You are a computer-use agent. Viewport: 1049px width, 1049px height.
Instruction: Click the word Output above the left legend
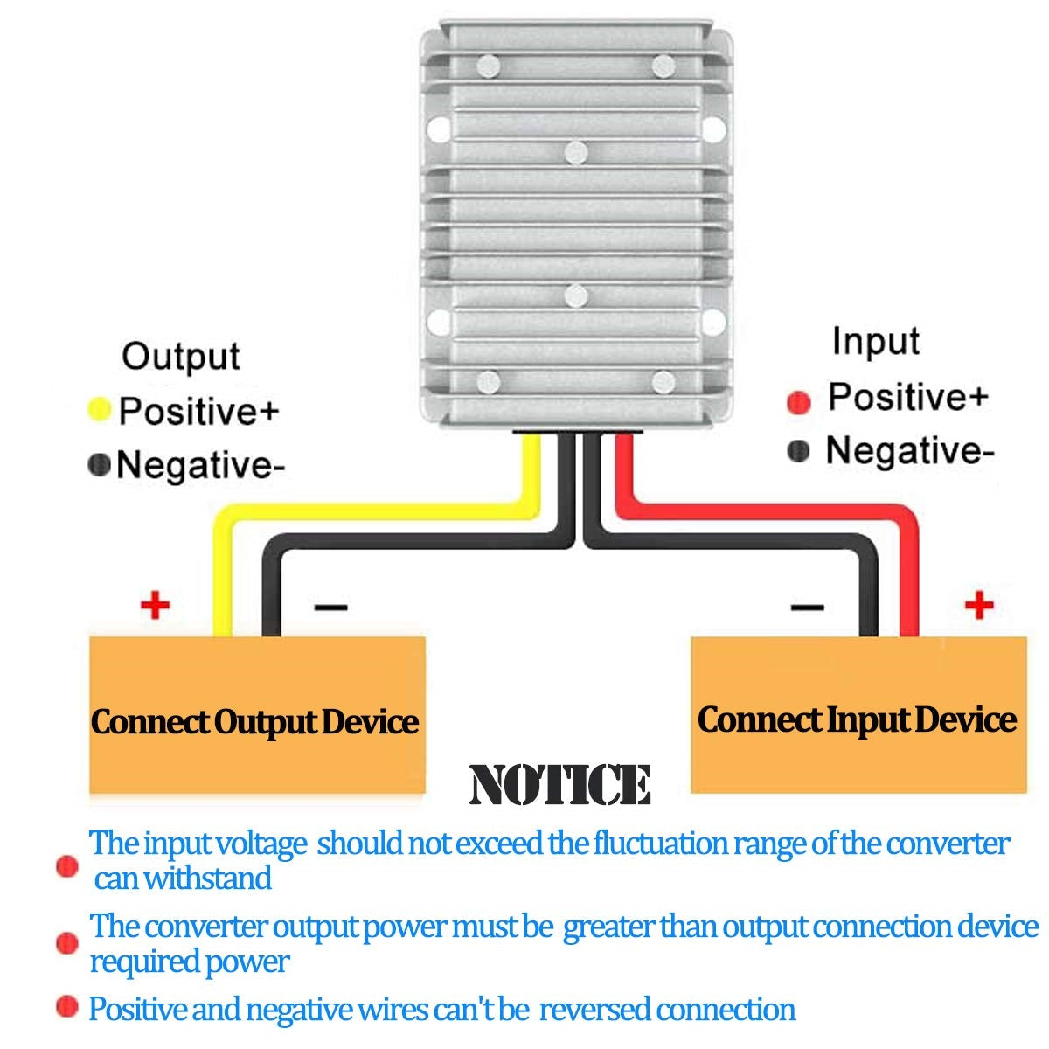coord(180,357)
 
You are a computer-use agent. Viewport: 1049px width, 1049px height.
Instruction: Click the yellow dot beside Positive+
coord(100,409)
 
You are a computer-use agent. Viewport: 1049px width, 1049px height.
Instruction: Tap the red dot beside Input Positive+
coord(798,402)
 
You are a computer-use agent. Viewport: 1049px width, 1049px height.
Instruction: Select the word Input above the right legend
coord(875,341)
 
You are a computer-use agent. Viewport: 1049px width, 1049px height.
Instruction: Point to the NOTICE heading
coord(559,784)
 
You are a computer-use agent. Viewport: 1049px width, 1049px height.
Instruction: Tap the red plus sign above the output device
coord(155,604)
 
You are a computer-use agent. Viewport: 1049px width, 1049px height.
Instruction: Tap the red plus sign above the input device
coord(979,604)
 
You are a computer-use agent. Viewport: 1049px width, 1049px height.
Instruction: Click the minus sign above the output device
coord(330,607)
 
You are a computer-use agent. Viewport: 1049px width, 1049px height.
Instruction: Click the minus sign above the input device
coord(806,607)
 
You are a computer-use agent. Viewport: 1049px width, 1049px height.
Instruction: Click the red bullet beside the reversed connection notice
coord(66,1007)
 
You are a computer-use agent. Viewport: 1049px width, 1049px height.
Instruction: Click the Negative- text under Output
coord(200,465)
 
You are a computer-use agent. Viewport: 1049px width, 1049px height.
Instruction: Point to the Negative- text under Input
coord(909,451)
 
